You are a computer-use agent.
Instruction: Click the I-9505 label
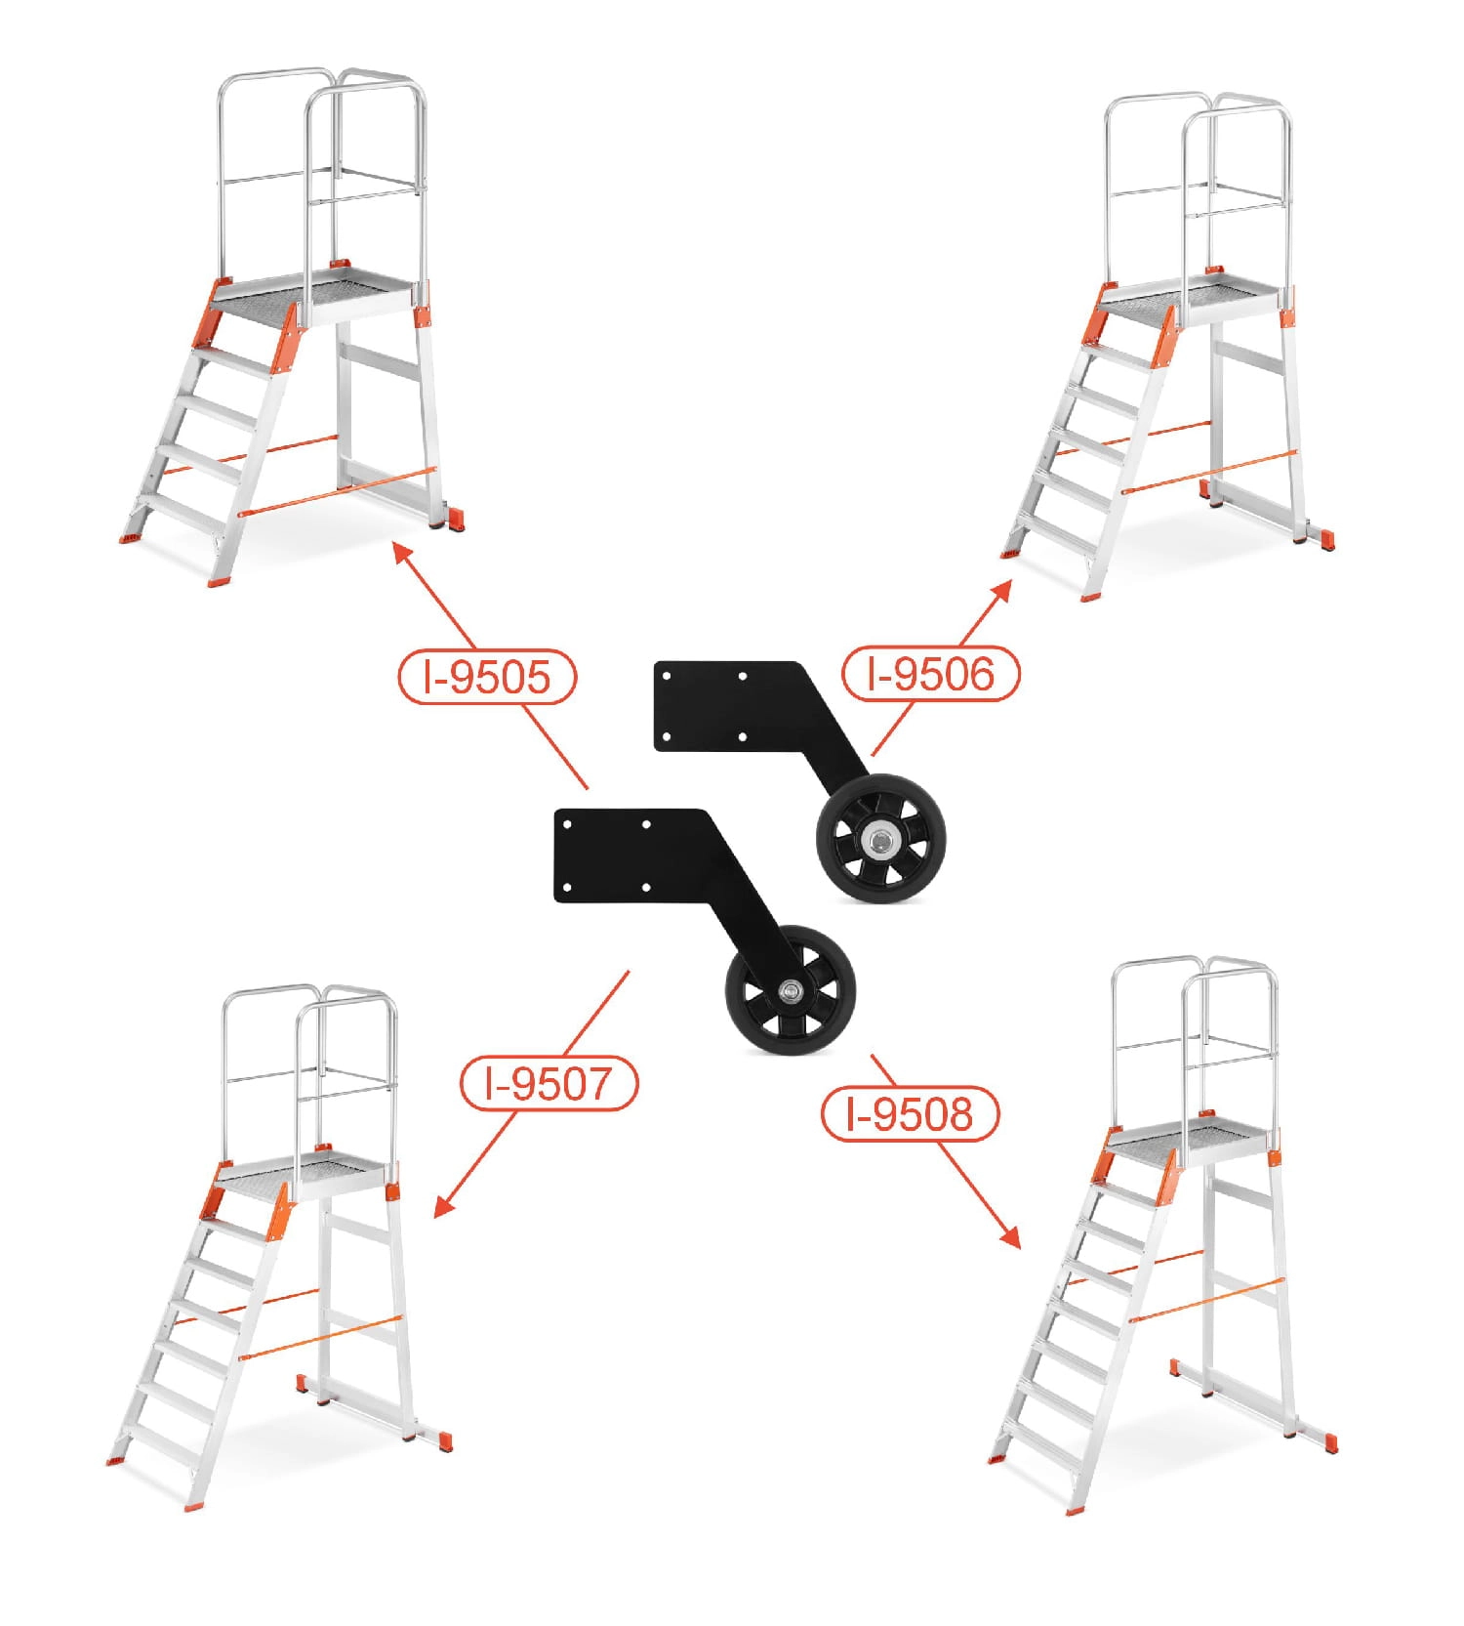[x=487, y=676]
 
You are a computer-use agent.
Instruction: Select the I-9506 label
[x=930, y=673]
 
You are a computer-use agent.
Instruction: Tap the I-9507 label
[x=549, y=1082]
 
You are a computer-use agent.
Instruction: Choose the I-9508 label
[x=911, y=1113]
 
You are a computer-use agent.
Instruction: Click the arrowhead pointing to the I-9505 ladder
[x=402, y=554]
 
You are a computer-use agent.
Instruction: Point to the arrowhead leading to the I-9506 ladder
[x=1001, y=592]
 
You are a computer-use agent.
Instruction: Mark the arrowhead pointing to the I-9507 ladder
[x=444, y=1206]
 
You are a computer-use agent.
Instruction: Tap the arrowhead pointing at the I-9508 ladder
[x=1010, y=1237]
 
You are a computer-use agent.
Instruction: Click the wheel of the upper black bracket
[x=880, y=839]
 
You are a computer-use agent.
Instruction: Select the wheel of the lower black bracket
[x=790, y=990]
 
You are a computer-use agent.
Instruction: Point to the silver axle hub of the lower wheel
[x=791, y=991]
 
